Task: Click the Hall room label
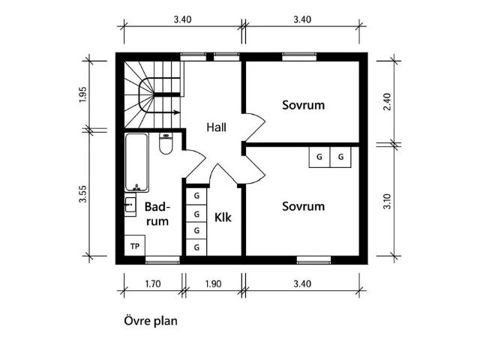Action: [217, 127]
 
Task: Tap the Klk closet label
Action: [223, 217]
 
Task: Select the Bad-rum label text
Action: [157, 214]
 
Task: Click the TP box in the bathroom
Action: [135, 245]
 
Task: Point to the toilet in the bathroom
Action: [166, 143]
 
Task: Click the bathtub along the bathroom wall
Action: [136, 163]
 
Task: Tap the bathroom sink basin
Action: [130, 205]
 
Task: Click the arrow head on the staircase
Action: [177, 112]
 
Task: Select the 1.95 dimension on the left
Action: [83, 94]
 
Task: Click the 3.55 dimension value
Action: [83, 193]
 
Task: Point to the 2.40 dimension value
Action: [387, 102]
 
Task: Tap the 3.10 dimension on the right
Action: [387, 201]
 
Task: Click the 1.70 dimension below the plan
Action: [152, 283]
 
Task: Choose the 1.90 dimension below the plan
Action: [213, 283]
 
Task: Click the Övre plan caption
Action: [151, 321]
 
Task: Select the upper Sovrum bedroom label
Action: [303, 105]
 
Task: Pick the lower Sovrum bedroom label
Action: [303, 206]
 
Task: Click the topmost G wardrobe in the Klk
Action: [196, 196]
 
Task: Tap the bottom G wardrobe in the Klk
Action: [196, 247]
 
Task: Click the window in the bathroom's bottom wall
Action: [162, 260]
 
